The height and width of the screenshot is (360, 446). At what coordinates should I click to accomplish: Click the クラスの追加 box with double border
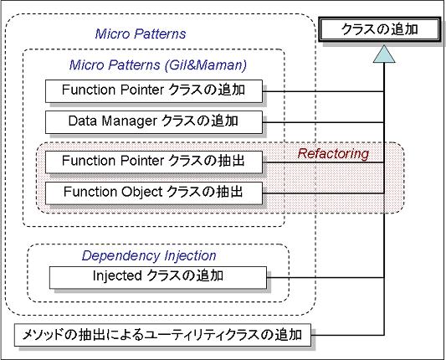[379, 29]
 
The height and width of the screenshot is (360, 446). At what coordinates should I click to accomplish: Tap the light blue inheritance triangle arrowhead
[384, 54]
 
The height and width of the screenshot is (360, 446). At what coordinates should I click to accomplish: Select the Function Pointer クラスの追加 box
[154, 91]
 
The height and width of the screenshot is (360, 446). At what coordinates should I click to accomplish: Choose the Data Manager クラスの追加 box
[154, 122]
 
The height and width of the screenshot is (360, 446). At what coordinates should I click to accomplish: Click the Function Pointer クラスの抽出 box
[154, 162]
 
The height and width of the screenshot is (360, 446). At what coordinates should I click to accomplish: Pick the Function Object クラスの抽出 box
[154, 193]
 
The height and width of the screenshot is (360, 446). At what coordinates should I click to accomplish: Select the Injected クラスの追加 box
[158, 277]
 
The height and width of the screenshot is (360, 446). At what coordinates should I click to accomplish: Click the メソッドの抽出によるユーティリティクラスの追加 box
[162, 335]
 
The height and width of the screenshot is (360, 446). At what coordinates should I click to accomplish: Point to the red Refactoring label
[333, 154]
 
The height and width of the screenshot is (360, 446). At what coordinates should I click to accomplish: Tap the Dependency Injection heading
[149, 256]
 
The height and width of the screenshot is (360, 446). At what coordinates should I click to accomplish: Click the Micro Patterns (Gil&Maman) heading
[158, 65]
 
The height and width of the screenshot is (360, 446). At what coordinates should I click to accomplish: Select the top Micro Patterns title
[141, 33]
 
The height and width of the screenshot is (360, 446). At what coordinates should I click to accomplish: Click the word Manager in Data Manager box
[129, 121]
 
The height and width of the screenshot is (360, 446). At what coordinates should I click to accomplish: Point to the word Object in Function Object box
[142, 192]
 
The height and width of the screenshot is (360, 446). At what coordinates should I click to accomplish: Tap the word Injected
[117, 276]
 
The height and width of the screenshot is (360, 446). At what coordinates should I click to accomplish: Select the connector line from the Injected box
[326, 277]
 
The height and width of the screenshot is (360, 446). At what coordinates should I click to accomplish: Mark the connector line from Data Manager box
[323, 122]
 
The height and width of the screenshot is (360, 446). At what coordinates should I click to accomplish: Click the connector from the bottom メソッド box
[347, 335]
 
